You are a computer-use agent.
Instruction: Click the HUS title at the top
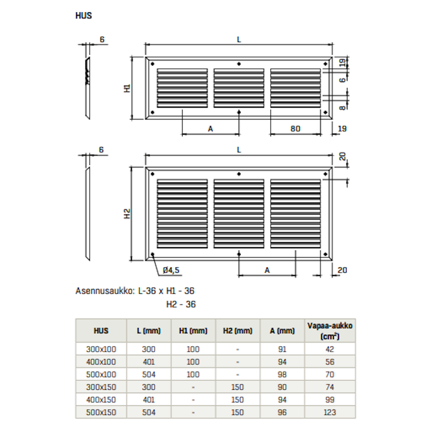click(x=84, y=16)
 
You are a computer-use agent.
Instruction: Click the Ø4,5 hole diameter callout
click(x=171, y=270)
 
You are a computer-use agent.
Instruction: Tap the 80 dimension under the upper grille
click(x=295, y=129)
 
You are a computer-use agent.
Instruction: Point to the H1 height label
click(x=127, y=88)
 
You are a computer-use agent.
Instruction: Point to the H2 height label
click(x=127, y=214)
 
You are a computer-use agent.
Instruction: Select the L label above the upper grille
click(x=239, y=40)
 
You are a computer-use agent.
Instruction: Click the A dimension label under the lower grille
click(x=267, y=270)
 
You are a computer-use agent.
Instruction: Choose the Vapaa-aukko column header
click(x=330, y=331)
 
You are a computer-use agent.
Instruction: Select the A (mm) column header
click(x=282, y=331)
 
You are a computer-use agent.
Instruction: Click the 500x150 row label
click(x=101, y=412)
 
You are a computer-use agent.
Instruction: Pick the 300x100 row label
click(x=101, y=349)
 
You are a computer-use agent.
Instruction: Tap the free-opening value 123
click(x=330, y=412)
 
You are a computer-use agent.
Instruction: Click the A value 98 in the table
click(x=282, y=374)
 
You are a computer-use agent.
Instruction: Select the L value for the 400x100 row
click(x=149, y=362)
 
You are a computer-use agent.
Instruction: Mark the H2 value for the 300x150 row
click(x=237, y=387)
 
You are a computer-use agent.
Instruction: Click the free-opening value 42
click(x=330, y=349)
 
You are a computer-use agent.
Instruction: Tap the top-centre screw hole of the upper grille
click(x=239, y=64)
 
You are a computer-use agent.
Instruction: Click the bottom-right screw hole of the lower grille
click(x=325, y=254)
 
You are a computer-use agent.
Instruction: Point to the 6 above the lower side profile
click(x=101, y=150)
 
